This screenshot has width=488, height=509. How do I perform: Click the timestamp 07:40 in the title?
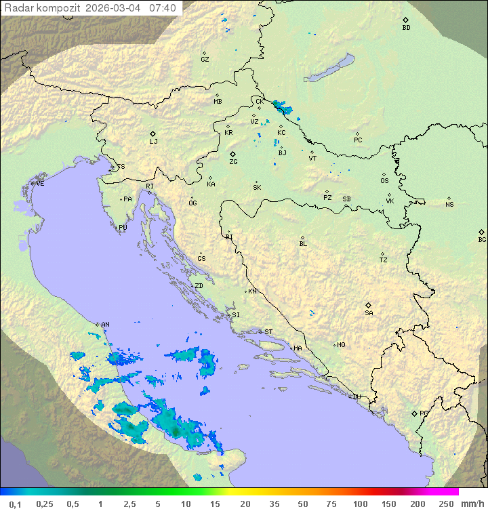point(163,8)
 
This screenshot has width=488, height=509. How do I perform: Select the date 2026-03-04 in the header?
point(115,8)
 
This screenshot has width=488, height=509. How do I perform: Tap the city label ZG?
point(233,162)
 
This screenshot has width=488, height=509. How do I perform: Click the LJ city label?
point(153,141)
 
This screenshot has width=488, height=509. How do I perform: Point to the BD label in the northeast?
point(406,28)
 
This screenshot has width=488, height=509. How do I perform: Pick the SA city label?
point(369,312)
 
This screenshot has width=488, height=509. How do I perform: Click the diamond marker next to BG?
point(482,232)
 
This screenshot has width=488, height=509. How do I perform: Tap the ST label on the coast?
point(268,332)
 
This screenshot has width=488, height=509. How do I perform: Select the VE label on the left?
point(40,184)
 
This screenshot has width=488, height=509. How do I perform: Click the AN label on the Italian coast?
point(105,325)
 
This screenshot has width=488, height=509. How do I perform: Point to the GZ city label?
point(205,60)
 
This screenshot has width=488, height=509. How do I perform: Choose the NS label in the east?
point(449,205)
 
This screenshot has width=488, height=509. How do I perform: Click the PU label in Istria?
point(123,228)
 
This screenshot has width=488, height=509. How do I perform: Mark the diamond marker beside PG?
point(414,413)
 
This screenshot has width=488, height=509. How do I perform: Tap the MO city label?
point(341,345)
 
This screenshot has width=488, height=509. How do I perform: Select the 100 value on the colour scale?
point(360,504)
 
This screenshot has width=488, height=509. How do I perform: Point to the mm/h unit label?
point(470,504)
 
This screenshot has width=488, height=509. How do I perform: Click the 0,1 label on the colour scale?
point(16,504)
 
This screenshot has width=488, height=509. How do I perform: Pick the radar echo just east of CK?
point(280,106)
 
